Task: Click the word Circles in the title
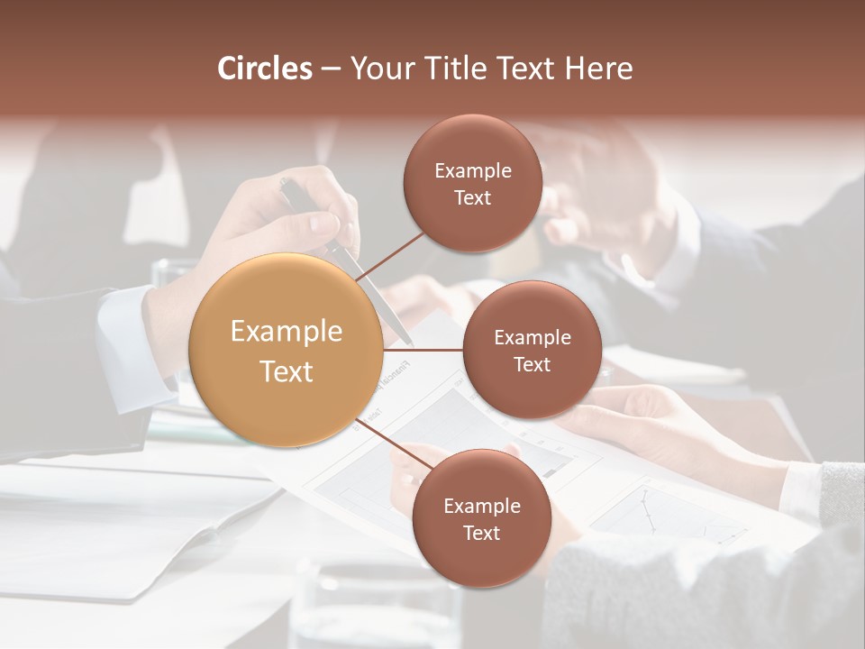(265, 69)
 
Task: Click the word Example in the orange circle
(287, 332)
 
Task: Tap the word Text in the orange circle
(287, 371)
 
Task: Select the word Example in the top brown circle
(473, 171)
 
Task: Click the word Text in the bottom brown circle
(481, 533)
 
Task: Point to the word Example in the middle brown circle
(532, 338)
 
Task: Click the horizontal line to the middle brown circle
(423, 350)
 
